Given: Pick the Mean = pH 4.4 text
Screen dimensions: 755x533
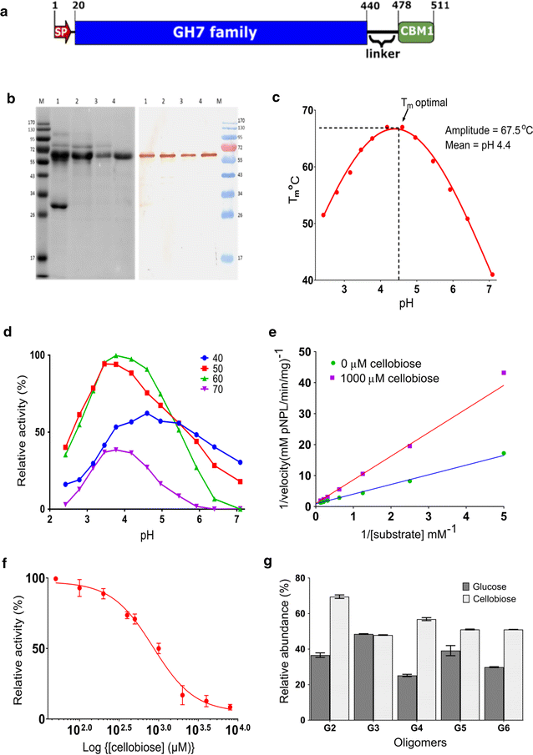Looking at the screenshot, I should click(465, 149).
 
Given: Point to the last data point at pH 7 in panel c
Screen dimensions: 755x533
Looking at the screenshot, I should click(492, 274).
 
